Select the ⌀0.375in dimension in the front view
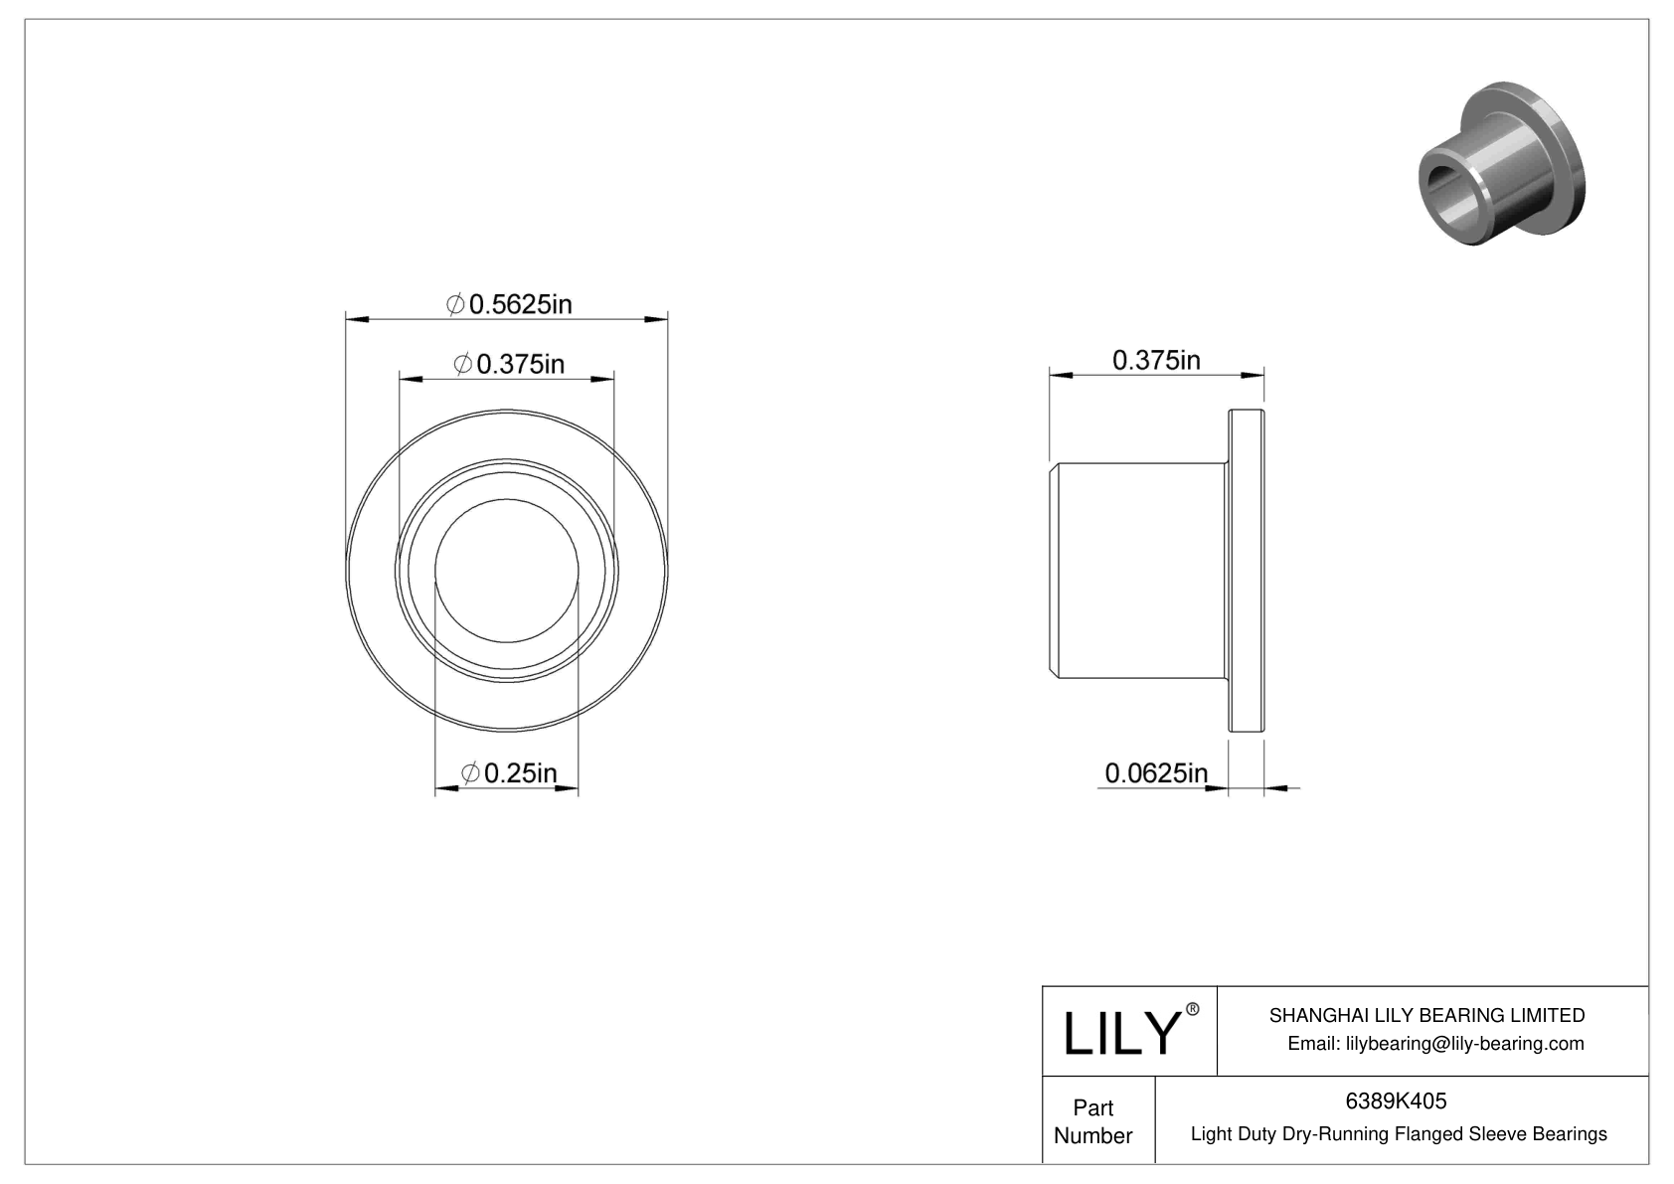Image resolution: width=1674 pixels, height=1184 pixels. tap(509, 365)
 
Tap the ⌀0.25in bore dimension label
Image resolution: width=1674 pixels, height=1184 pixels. tap(509, 772)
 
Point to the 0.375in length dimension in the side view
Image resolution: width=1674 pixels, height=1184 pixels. tap(1156, 360)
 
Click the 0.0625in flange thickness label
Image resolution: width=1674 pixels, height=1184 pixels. tap(1156, 772)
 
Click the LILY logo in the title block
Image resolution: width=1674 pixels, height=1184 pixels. tap(1119, 1034)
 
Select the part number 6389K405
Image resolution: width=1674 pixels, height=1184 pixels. tap(1396, 1101)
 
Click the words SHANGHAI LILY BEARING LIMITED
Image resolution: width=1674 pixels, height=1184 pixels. tap(1426, 1015)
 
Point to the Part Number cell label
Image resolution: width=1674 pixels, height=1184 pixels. tap(1093, 1121)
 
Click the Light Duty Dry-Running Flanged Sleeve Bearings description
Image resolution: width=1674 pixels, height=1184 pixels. tap(1398, 1134)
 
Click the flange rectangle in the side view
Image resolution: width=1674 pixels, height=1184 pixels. tap(1247, 571)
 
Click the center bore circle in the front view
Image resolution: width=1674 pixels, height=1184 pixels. tap(507, 573)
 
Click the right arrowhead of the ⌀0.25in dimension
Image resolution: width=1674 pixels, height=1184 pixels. tap(568, 789)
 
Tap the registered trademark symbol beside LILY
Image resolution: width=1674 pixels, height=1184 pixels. tap(1193, 1009)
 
